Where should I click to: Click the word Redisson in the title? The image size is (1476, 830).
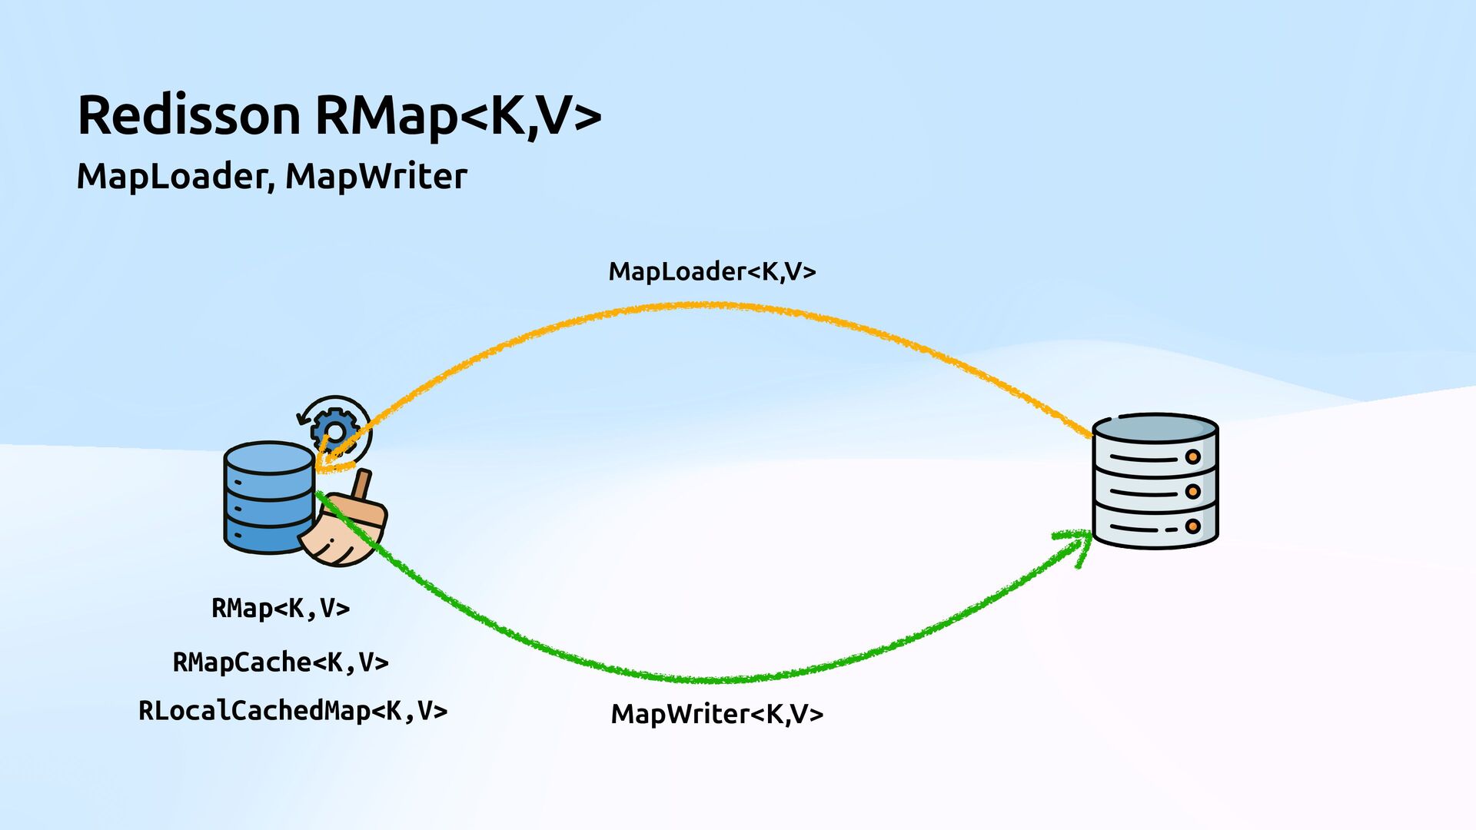(x=188, y=115)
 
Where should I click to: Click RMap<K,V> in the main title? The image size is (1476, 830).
(x=457, y=115)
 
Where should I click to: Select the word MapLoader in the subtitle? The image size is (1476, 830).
(x=172, y=176)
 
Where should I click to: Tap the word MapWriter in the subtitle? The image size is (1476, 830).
(x=376, y=176)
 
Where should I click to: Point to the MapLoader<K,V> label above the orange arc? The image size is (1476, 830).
(x=712, y=271)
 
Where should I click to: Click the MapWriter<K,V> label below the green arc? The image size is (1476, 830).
(x=716, y=714)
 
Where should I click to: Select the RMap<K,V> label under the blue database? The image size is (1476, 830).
(x=281, y=608)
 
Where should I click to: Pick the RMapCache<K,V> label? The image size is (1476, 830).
(x=281, y=662)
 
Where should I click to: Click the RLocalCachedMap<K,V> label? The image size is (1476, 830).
(x=292, y=710)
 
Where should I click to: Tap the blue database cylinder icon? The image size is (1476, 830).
(x=268, y=497)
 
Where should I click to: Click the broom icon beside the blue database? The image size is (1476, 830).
(x=344, y=526)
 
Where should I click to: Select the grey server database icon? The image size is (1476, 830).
(x=1155, y=481)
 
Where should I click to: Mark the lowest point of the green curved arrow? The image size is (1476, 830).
(x=715, y=680)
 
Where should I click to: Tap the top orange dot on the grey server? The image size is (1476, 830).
(x=1192, y=456)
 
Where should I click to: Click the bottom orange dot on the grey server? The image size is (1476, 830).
(x=1192, y=526)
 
